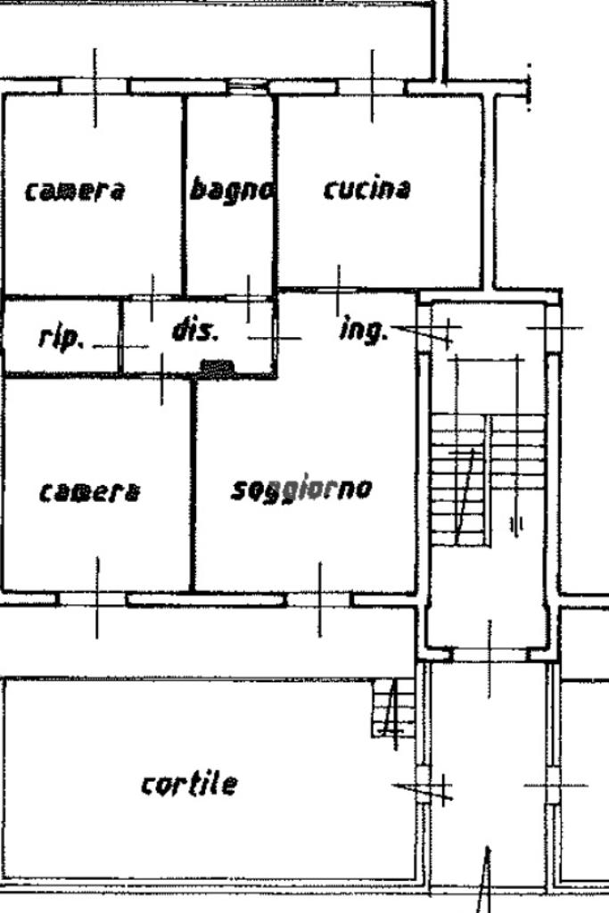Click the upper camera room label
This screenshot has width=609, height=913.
(75, 190)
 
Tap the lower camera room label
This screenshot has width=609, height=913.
(89, 491)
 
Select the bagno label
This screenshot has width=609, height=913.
(231, 189)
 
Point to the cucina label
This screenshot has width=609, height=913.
(366, 189)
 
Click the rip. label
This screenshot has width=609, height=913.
(61, 337)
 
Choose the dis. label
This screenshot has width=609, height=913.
(194, 331)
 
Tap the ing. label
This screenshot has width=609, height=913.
(364, 331)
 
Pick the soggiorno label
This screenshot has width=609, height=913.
(301, 489)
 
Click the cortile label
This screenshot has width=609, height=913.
(189, 784)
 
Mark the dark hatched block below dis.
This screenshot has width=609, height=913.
(218, 366)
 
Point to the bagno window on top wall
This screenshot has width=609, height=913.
(242, 87)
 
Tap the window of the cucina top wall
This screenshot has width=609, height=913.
(372, 86)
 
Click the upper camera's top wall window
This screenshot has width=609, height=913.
(95, 86)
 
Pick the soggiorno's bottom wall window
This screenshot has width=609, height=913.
(319, 599)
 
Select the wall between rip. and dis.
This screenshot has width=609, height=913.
(121, 336)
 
